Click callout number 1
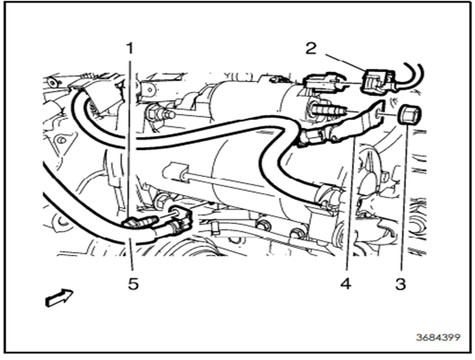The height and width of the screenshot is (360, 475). [130, 48]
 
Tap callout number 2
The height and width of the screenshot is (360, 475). [311, 48]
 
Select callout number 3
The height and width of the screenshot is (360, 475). [401, 285]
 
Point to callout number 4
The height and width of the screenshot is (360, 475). [346, 284]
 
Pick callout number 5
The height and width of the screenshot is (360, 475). [133, 284]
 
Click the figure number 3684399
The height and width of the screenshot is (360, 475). [438, 337]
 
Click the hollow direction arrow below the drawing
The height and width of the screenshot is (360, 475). [60, 297]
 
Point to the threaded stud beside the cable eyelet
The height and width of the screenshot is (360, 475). [328, 109]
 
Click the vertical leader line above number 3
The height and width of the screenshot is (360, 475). [405, 197]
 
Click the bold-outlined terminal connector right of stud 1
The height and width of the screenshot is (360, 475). [181, 219]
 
